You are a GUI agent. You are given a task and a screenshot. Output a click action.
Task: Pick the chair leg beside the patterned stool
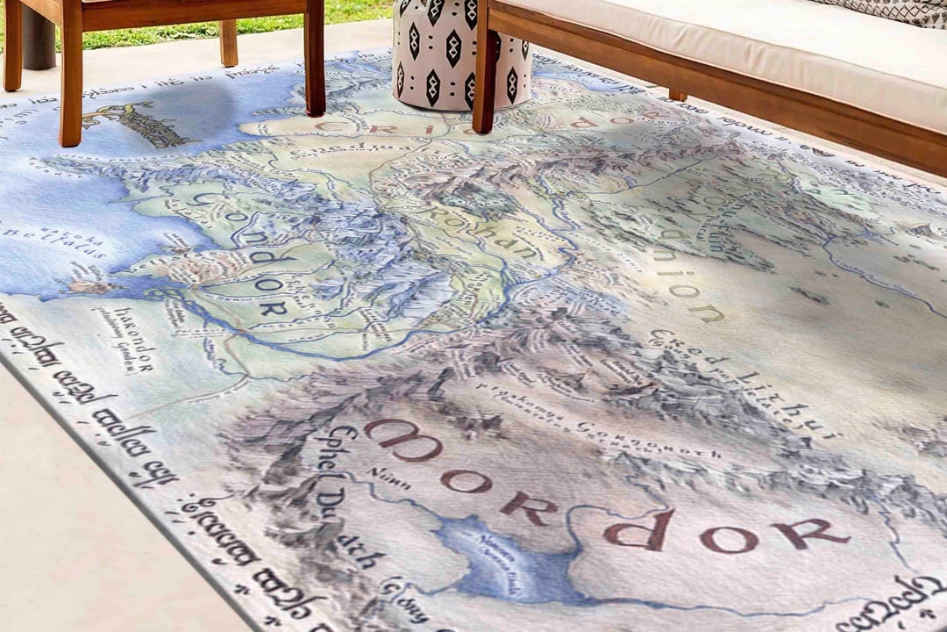coord(315,61)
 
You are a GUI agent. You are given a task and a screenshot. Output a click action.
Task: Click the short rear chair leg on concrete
coord(228,42)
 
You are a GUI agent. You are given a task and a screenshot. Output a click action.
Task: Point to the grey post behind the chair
coord(39,39)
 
